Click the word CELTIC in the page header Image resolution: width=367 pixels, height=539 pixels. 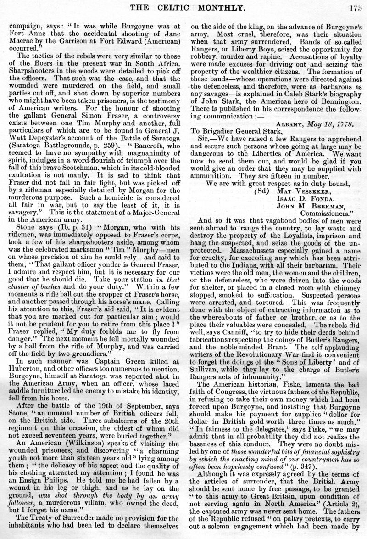tap(172, 6)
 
